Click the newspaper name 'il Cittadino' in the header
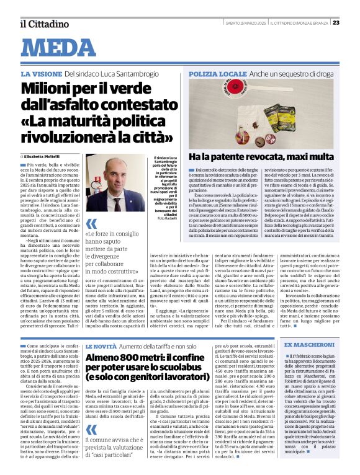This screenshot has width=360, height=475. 43,24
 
